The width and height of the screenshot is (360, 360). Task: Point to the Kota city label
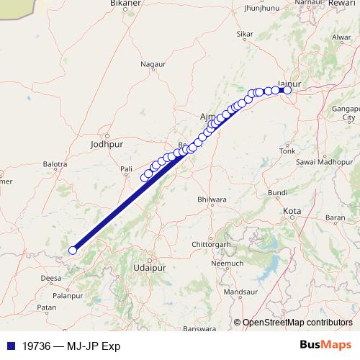pos(292,211)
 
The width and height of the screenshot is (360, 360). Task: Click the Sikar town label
pos(246,34)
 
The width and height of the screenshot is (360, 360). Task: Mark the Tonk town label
pos(287,151)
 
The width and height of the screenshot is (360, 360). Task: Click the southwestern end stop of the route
pos(72,251)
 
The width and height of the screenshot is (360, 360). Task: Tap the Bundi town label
pos(277,193)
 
